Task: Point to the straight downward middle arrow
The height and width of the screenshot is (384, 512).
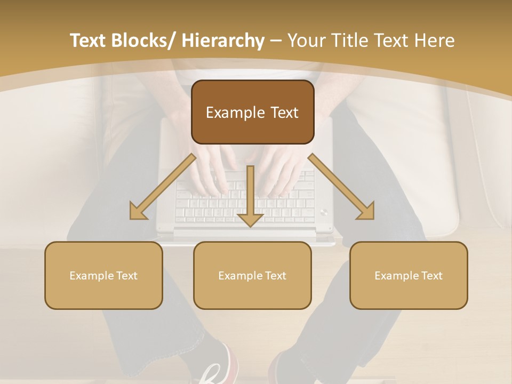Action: click(x=250, y=197)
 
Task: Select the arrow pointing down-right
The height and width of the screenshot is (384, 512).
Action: click(x=342, y=187)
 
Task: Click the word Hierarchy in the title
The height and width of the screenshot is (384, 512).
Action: click(x=223, y=41)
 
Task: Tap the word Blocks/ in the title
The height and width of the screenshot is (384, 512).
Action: click(x=148, y=41)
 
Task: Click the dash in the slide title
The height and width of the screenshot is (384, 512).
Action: click(x=276, y=41)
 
